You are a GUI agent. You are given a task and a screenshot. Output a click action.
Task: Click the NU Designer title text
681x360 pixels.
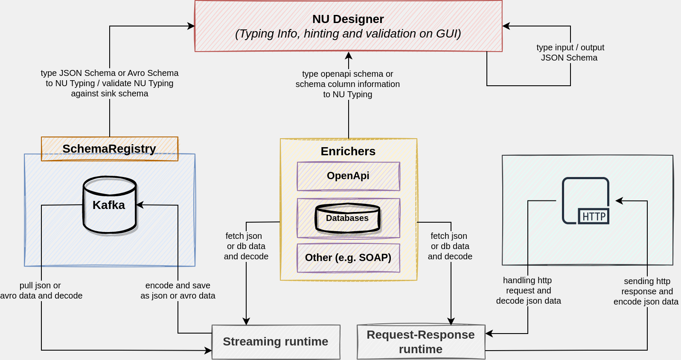pyautogui.click(x=348, y=19)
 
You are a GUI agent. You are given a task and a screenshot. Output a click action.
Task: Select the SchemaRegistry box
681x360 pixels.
pyautogui.click(x=109, y=149)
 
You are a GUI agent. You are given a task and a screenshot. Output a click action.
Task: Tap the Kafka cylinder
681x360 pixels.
pyautogui.click(x=110, y=205)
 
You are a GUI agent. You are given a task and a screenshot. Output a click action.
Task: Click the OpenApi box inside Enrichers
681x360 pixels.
pyautogui.click(x=348, y=176)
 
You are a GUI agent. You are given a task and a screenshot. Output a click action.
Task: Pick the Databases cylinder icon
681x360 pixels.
pyautogui.click(x=348, y=218)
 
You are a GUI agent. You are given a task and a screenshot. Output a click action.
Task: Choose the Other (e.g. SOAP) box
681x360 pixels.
pyautogui.click(x=348, y=258)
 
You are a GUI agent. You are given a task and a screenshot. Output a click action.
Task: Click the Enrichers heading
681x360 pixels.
pyautogui.click(x=348, y=151)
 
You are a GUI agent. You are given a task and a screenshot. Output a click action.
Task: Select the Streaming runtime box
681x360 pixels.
pyautogui.click(x=276, y=342)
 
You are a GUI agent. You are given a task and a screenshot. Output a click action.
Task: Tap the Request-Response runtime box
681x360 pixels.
pyautogui.click(x=421, y=342)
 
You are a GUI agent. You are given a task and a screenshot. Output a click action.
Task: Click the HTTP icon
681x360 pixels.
pyautogui.click(x=586, y=201)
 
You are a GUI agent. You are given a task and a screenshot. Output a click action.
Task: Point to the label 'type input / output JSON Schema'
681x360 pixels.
pyautogui.click(x=570, y=52)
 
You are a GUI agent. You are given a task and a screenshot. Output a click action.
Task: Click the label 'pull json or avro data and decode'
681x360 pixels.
pyautogui.click(x=41, y=290)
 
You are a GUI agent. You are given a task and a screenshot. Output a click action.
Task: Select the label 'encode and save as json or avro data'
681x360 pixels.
pyautogui.click(x=178, y=290)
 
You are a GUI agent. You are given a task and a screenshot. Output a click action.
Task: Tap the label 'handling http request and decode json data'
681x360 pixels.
pyautogui.click(x=528, y=290)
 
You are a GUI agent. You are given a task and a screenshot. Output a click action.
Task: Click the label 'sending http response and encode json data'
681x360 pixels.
pyautogui.click(x=646, y=291)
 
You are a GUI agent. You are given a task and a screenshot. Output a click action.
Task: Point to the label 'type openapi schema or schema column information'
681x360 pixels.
pyautogui.click(x=348, y=84)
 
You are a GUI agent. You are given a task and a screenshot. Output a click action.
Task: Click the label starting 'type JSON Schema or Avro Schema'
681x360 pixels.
pyautogui.click(x=110, y=83)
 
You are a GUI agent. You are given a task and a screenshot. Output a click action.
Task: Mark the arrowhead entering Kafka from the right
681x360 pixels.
pyautogui.click(x=139, y=205)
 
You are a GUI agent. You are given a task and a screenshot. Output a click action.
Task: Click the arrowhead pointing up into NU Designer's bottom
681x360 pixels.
pyautogui.click(x=349, y=55)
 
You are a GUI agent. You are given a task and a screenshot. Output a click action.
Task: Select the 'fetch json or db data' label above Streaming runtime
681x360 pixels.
pyautogui.click(x=246, y=246)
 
